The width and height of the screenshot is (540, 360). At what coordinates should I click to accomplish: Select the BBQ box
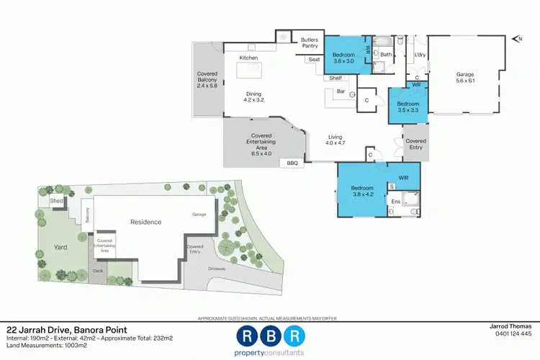292,163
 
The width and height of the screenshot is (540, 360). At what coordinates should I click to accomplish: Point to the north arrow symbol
516,39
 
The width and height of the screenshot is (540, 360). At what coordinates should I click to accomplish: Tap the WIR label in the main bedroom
402,177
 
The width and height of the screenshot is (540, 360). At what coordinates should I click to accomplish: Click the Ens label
395,202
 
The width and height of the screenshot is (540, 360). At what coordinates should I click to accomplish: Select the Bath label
386,54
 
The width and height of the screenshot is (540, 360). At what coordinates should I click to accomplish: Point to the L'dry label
420,54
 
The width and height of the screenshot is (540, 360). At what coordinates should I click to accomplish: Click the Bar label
341,91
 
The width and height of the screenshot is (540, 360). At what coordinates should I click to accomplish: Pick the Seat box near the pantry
314,60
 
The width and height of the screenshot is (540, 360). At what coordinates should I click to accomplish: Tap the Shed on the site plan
56,202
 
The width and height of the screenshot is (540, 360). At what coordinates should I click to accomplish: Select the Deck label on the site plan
98,271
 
